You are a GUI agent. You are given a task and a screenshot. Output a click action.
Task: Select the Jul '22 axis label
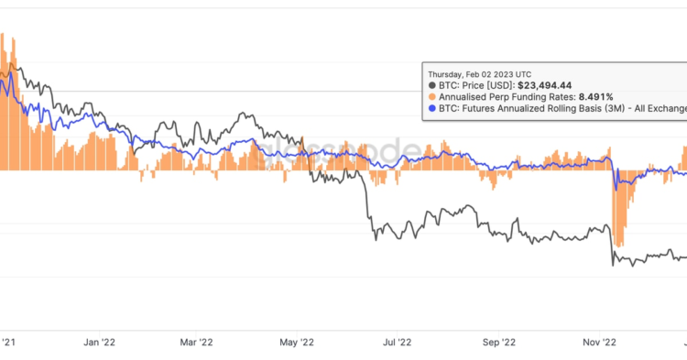pos(395,342)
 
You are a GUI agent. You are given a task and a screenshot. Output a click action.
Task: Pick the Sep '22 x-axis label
pos(498,342)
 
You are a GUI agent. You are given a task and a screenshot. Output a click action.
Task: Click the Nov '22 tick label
pos(599,342)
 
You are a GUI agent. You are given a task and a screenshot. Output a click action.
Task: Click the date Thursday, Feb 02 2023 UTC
pos(479,73)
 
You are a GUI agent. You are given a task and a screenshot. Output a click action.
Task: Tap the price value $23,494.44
pos(551,84)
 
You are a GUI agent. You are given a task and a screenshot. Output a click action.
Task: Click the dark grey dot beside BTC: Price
pos(431,84)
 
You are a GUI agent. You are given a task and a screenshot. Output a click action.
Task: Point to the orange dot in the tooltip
pos(431,96)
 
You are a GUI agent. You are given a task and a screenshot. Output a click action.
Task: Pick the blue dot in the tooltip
pos(431,108)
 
